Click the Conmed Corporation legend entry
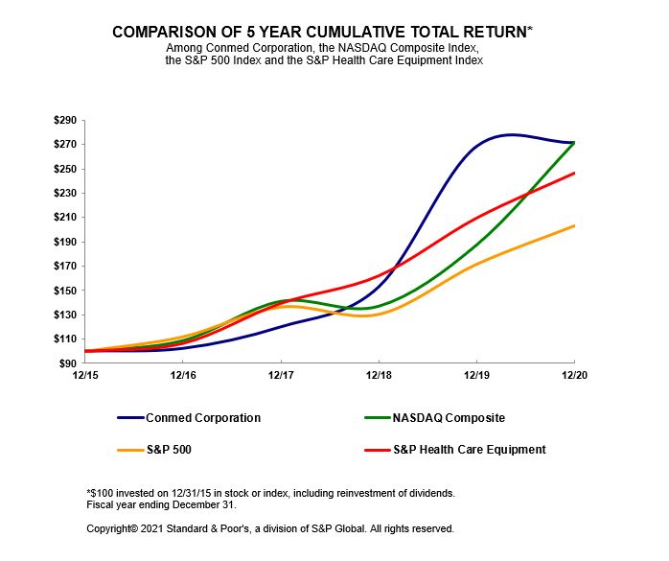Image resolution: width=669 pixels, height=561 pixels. click(x=202, y=418)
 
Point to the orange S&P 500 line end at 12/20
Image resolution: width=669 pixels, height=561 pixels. click(x=574, y=225)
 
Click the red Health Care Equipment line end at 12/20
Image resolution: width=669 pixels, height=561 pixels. click(x=574, y=173)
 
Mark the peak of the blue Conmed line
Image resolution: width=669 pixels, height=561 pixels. click(x=512, y=134)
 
